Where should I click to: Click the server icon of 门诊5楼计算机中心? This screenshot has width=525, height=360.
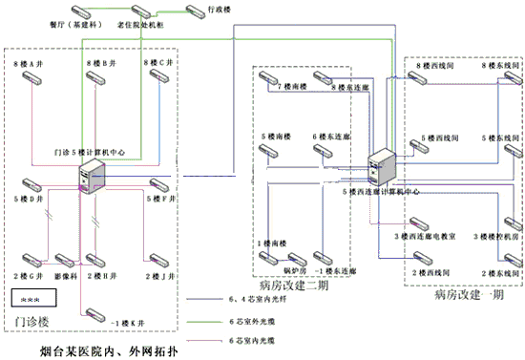click(x=92, y=175)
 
